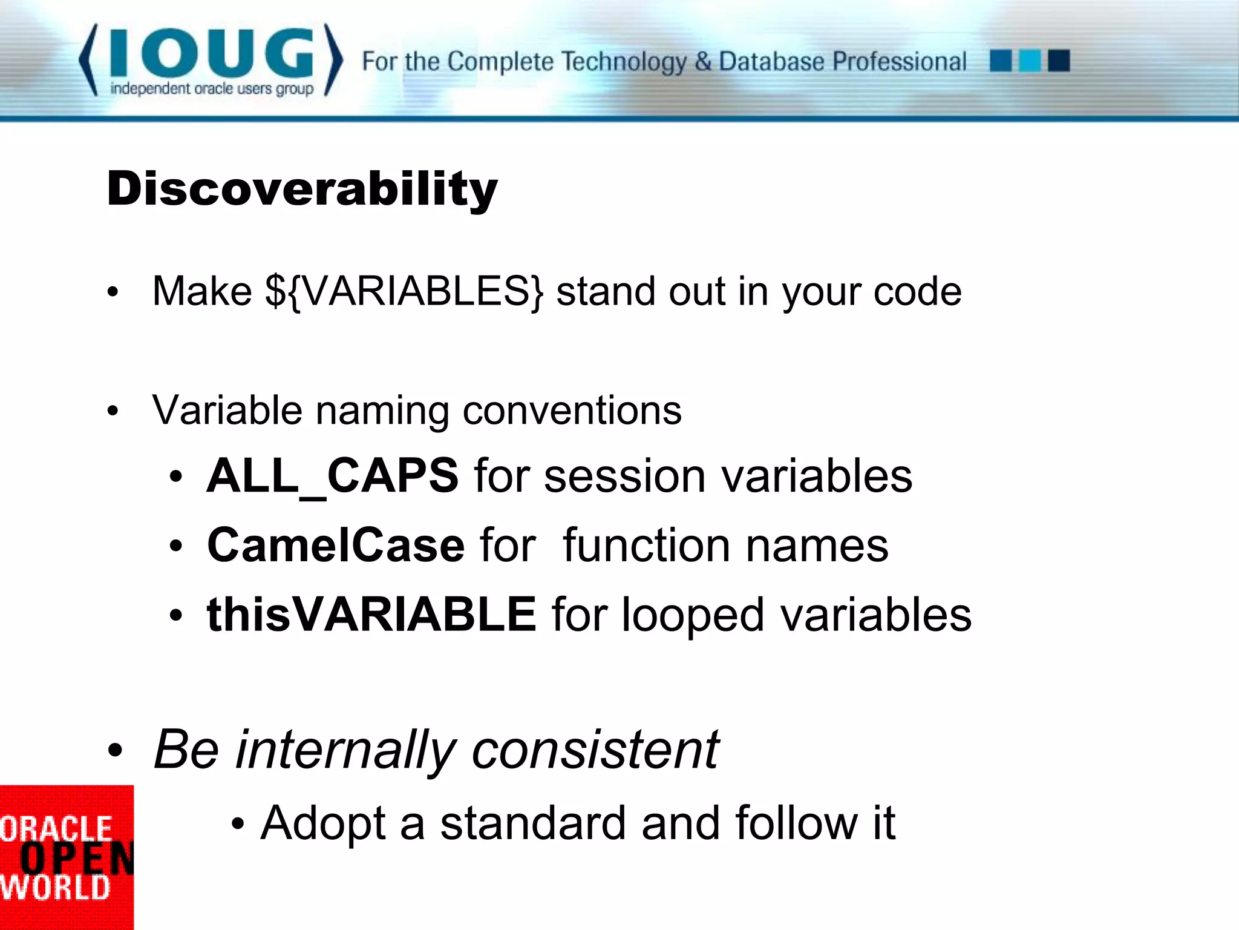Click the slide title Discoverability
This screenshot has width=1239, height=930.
[301, 189]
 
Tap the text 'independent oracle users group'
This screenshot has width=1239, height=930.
[212, 89]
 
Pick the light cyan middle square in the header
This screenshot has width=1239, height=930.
[1030, 61]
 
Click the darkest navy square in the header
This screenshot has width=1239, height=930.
[1059, 61]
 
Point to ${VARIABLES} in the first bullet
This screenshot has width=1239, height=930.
[404, 292]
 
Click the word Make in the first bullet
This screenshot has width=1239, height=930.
[201, 291]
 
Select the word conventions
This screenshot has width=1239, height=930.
[572, 411]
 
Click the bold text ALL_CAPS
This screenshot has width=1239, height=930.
[332, 476]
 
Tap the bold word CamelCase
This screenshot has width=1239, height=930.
[336, 545]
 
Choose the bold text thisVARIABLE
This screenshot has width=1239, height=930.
[371, 614]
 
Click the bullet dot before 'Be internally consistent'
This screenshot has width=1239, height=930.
[114, 751]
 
